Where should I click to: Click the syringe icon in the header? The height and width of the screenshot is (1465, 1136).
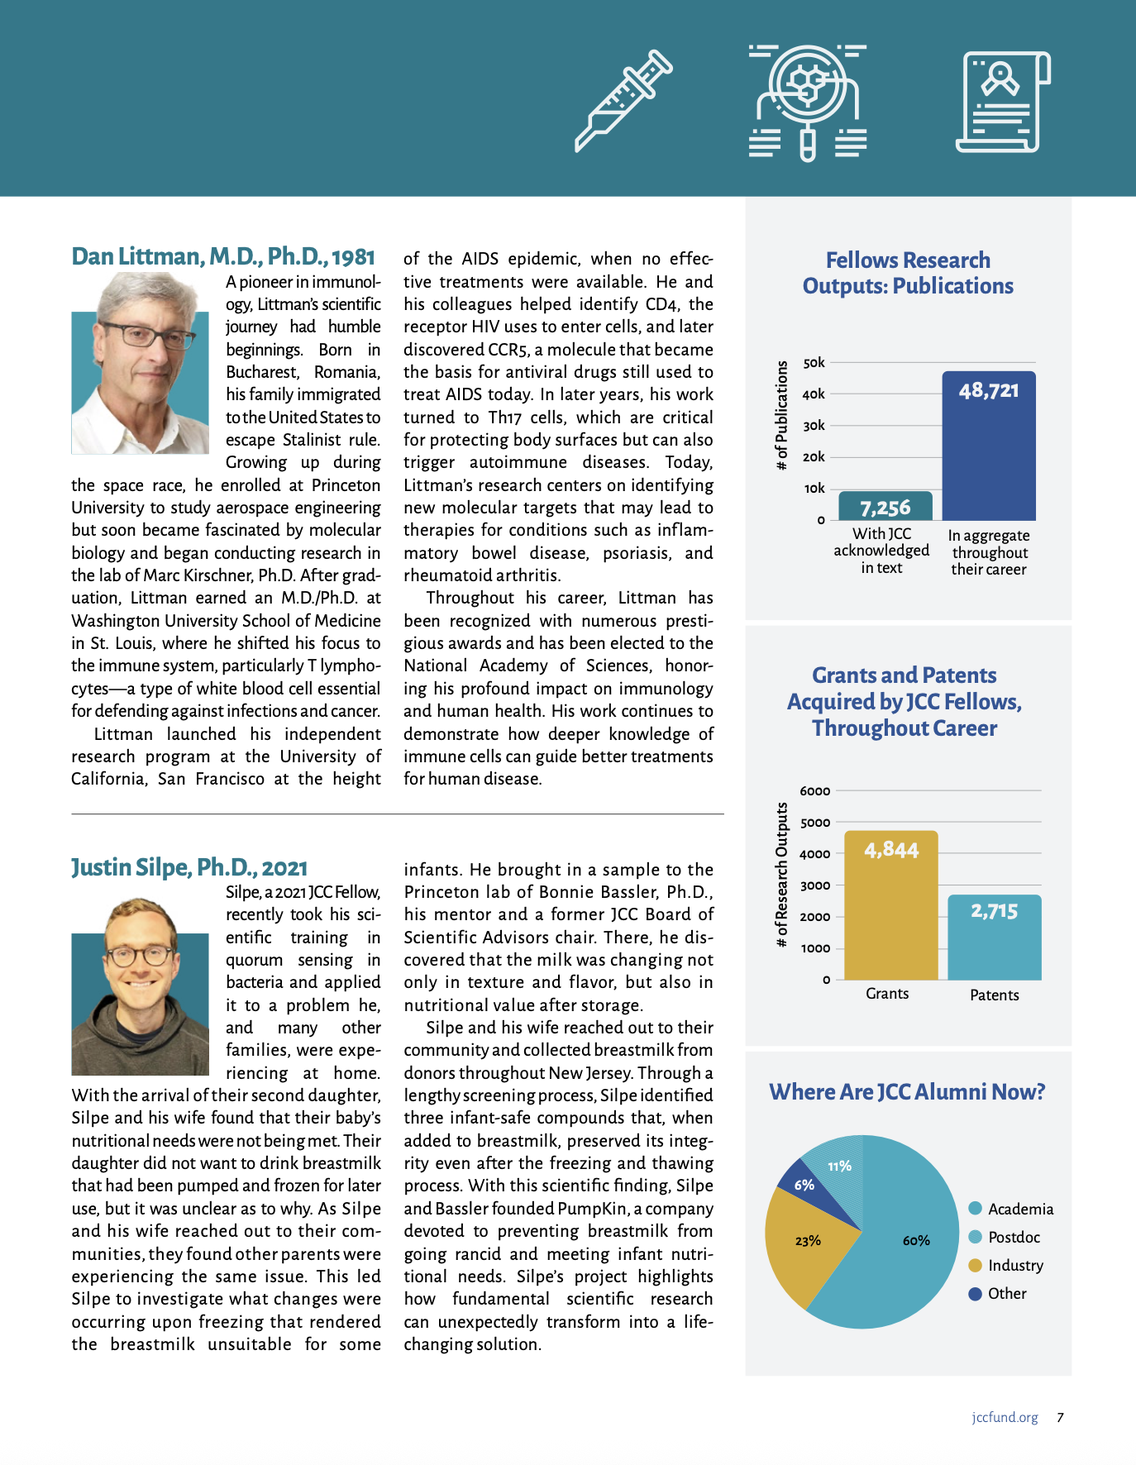pyautogui.click(x=623, y=101)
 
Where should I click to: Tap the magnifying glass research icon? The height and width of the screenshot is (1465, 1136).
pyautogui.click(x=808, y=103)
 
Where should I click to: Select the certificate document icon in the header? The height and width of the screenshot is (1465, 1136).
pyautogui.click(x=1003, y=102)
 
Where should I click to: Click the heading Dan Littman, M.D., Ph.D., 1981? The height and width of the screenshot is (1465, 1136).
pyautogui.click(x=223, y=256)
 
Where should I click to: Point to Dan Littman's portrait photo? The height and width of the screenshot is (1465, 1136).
pyautogui.click(x=140, y=364)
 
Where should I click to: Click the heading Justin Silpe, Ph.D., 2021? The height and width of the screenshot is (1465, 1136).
pyautogui.click(x=189, y=867)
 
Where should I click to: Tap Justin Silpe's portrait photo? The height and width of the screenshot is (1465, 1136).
pyautogui.click(x=140, y=987)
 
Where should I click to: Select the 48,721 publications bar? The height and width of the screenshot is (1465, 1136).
pyautogui.click(x=989, y=446)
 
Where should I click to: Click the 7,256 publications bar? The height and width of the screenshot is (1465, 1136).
pyautogui.click(x=885, y=506)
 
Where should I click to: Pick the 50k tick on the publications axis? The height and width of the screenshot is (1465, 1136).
pyautogui.click(x=814, y=363)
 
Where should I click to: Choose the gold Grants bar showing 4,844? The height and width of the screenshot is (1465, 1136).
pyautogui.click(x=891, y=905)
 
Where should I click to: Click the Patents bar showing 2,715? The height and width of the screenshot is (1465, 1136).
pyautogui.click(x=994, y=938)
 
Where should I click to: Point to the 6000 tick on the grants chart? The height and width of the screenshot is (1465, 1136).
pyautogui.click(x=814, y=791)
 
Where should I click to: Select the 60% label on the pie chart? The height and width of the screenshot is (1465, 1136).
pyautogui.click(x=916, y=1240)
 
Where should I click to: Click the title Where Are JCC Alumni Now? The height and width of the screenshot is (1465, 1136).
pyautogui.click(x=907, y=1092)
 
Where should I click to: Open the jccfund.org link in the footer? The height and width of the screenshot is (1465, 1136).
pyautogui.click(x=1005, y=1417)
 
